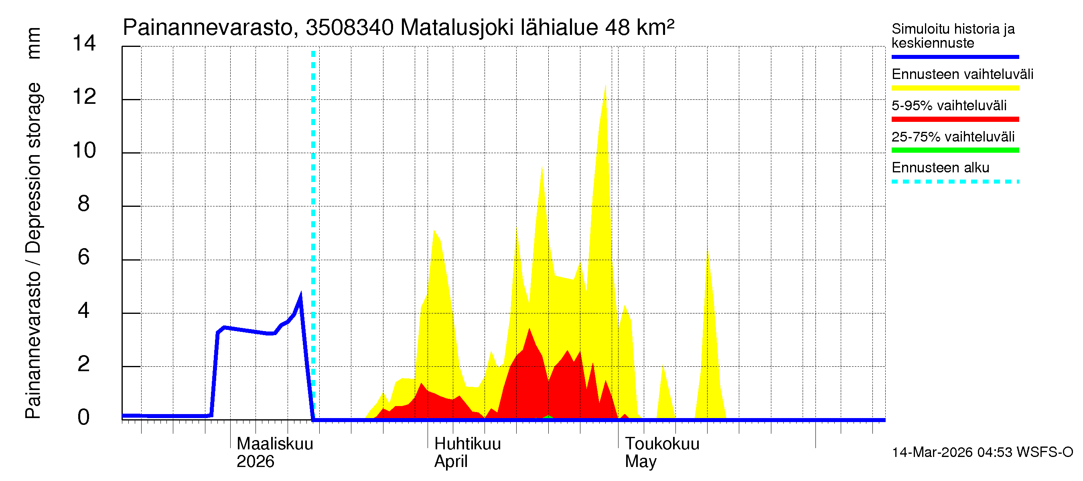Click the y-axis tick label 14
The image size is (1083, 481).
84,43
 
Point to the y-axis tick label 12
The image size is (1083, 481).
84,97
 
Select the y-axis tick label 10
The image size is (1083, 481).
84,150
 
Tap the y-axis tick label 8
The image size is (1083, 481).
84,204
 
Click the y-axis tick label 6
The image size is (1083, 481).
84,257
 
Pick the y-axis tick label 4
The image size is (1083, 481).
84,311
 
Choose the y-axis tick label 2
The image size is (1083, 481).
84,364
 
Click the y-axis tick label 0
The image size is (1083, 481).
84,418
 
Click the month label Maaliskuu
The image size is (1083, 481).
275,444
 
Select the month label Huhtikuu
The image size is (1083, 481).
468,444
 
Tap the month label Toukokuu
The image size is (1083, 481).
662,444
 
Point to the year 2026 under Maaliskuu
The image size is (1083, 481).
255,462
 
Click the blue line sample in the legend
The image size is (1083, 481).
955,57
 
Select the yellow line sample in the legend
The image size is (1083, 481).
955,88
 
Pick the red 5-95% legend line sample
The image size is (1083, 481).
955,119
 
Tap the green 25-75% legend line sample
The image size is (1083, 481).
955,150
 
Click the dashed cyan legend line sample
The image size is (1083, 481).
955,182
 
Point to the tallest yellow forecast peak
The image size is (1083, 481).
605,86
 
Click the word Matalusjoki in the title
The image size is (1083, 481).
457,28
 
